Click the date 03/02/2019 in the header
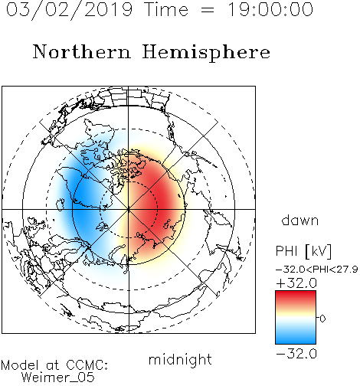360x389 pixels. tap(70, 10)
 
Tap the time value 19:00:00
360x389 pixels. tap(270, 9)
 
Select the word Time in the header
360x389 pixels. tap(166, 9)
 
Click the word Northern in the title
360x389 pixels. tap(82, 51)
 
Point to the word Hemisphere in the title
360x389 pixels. tap(206, 52)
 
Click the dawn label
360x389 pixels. tap(300, 220)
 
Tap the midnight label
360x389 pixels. tap(180, 359)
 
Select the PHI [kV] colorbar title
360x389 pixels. tap(303, 251)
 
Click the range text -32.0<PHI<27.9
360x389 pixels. tap(317, 270)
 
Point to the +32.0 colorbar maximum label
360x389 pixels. tap(296, 283)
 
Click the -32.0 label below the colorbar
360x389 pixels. tap(296, 354)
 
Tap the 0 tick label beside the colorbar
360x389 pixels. tap(322, 319)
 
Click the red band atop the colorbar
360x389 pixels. tap(296, 296)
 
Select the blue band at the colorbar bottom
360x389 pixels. tap(296, 338)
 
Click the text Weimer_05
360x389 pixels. tap(57, 378)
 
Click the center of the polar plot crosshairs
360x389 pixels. tap(129, 209)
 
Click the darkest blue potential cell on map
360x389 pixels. tap(84, 201)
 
